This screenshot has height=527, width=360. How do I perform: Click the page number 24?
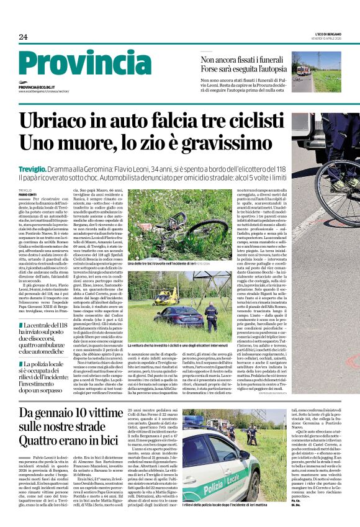24,37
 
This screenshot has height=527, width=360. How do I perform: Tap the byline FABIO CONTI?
27,194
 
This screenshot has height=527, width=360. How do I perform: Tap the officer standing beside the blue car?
211,313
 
